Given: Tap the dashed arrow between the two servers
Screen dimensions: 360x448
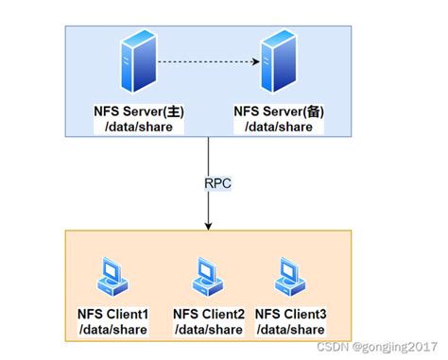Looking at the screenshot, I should click(208, 63).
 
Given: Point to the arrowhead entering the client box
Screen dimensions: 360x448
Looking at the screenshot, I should click(208, 226).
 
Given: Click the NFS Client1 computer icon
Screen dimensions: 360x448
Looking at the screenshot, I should click(113, 275).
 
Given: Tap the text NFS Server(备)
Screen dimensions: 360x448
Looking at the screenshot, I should click(278, 111).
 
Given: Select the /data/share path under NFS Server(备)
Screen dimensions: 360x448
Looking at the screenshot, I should click(278, 127).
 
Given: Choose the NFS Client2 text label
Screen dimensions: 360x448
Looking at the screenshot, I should click(209, 313).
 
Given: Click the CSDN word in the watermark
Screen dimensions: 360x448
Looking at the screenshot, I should click(332, 349).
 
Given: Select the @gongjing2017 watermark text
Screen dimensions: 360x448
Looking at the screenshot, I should click(396, 349).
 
